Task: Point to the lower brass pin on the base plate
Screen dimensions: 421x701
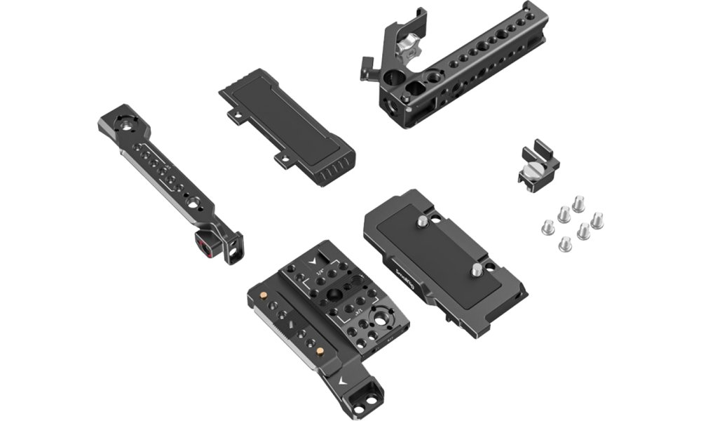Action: pyautogui.click(x=320, y=349)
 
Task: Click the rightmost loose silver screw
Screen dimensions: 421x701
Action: pyautogui.click(x=597, y=222)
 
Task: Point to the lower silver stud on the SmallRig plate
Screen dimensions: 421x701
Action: pyautogui.click(x=477, y=269)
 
